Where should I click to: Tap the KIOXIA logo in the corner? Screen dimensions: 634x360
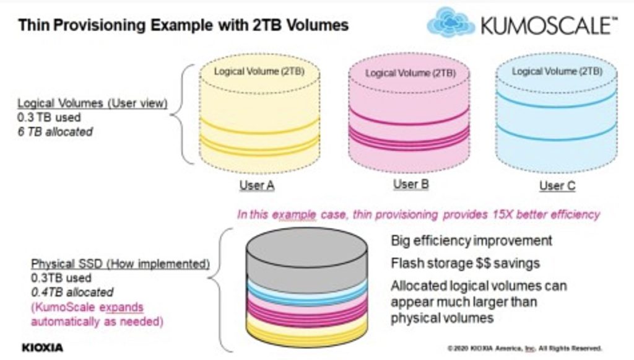tap(43, 348)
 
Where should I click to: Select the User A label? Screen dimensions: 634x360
tap(257, 185)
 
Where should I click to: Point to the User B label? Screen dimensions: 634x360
tap(411, 184)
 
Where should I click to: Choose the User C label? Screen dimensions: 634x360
tap(557, 186)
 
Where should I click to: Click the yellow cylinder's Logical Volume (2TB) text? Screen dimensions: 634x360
tap(259, 72)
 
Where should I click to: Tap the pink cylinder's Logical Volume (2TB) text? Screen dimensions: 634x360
tap(410, 73)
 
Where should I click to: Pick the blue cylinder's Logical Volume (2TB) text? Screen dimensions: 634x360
tap(557, 72)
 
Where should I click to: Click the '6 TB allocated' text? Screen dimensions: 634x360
tap(55, 132)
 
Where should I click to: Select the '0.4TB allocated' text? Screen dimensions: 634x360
tap(72, 292)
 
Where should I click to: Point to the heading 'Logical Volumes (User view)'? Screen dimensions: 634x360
tap(92, 103)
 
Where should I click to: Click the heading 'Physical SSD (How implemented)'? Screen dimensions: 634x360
tap(121, 264)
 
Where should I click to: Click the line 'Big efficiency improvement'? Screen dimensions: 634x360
tap(471, 240)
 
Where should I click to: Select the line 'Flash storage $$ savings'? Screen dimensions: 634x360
tap(465, 263)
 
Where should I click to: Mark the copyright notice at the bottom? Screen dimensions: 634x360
tap(525, 348)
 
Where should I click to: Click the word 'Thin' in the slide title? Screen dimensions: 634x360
tap(34, 25)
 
